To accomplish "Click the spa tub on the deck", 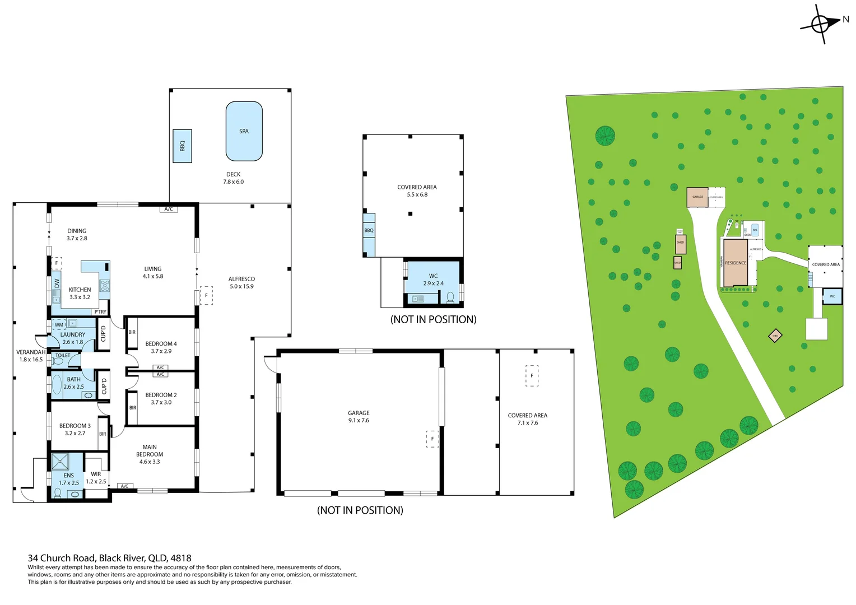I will click(x=244, y=131).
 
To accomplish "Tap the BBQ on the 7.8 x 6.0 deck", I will click(x=182, y=146).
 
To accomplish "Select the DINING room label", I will click(x=77, y=231).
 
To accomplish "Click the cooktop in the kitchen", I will click(x=104, y=286).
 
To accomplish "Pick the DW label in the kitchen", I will click(x=57, y=283).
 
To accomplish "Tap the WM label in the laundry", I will click(x=59, y=325).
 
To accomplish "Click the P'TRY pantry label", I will click(x=100, y=312).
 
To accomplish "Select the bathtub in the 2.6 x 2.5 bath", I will click(x=57, y=385).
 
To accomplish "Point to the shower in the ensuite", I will click(x=60, y=462).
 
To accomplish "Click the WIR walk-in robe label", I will click(x=96, y=474).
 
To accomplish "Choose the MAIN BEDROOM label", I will click(x=150, y=451).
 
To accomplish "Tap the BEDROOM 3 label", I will click(x=75, y=426).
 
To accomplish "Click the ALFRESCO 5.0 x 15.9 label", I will click(x=241, y=279).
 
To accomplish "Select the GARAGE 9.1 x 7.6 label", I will click(x=359, y=413).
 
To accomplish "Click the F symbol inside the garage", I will click(x=432, y=439).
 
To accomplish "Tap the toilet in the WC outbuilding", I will click(x=450, y=297).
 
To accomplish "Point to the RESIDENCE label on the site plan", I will click(x=735, y=263).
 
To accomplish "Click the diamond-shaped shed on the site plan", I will click(x=775, y=336).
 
